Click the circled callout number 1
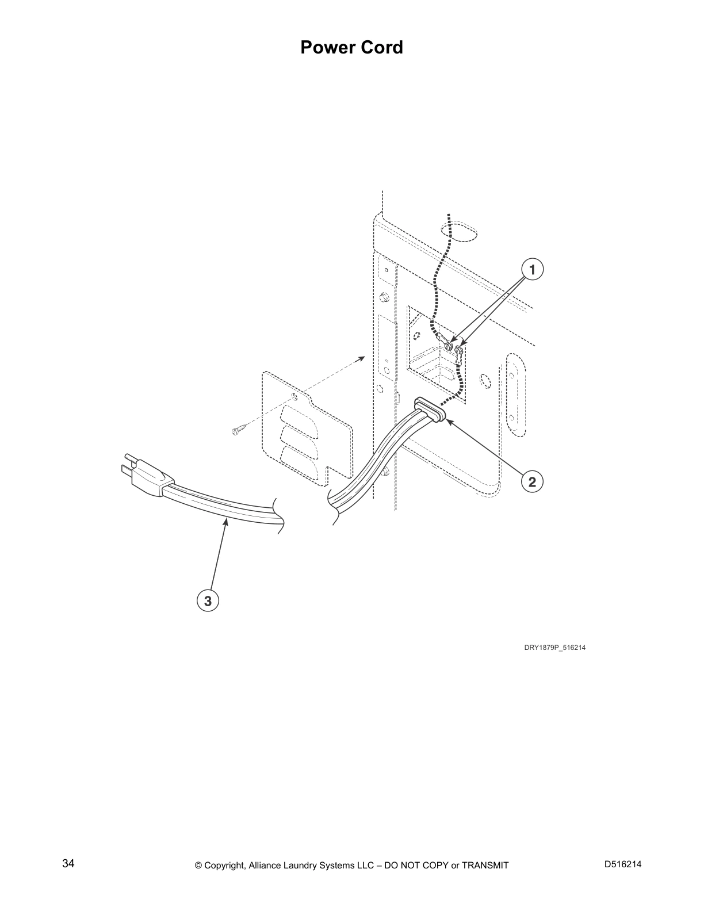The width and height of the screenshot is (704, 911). [532, 269]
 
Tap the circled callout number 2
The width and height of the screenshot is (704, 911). [531, 481]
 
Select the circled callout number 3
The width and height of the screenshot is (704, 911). [208, 601]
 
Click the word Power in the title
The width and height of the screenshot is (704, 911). [326, 48]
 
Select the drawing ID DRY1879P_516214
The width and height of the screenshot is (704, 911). [554, 648]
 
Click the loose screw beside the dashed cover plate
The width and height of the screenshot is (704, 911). [239, 430]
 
